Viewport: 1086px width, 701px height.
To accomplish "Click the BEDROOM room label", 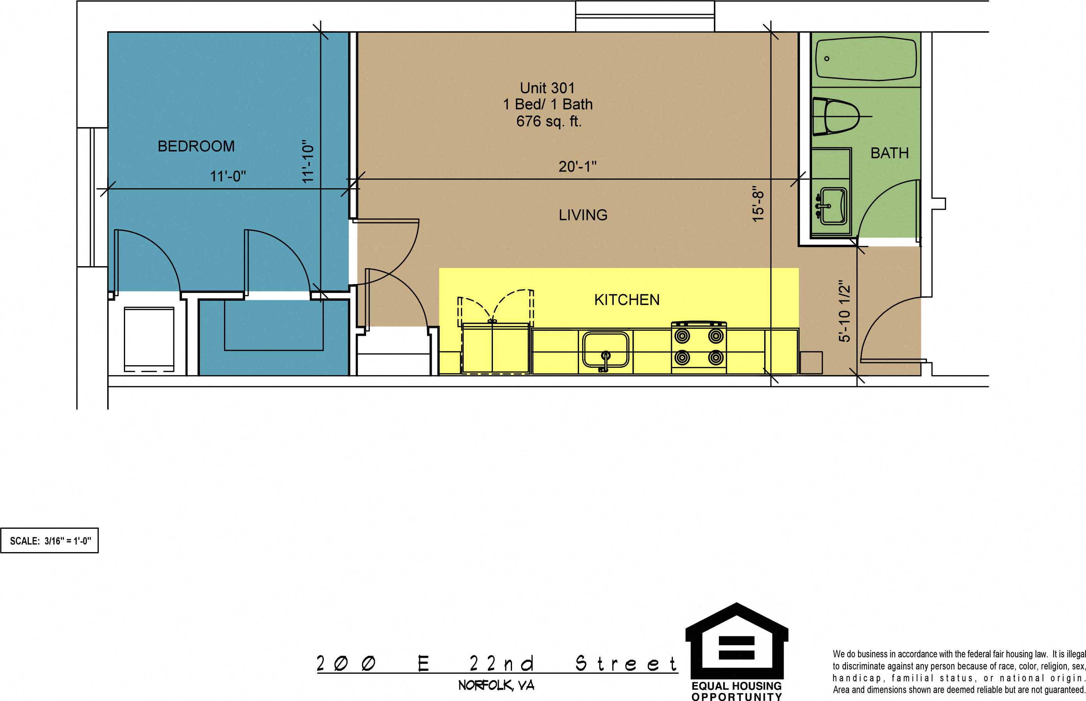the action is tap(196, 146).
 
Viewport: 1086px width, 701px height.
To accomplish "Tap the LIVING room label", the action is tap(583, 215).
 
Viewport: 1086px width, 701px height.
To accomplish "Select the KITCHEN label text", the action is tap(627, 300).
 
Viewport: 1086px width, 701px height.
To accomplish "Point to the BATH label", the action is tap(889, 153).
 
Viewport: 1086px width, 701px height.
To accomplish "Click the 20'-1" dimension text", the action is tap(577, 167).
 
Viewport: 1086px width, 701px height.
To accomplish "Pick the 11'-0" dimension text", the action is tap(228, 176).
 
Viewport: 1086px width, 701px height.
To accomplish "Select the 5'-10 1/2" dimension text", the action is tap(844, 311).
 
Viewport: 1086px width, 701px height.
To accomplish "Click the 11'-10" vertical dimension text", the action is tap(308, 161).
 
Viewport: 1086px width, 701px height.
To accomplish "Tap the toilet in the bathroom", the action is tap(836, 117).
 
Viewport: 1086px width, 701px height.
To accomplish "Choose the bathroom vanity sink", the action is tap(833, 206).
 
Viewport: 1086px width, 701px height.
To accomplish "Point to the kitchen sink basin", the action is tap(606, 350).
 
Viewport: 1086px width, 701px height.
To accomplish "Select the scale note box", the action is tap(49, 540).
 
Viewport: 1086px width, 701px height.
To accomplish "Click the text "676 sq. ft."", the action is tap(549, 121).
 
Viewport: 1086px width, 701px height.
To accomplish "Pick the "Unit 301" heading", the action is tap(547, 88).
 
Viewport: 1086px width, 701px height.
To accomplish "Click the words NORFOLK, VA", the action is tap(496, 685).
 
